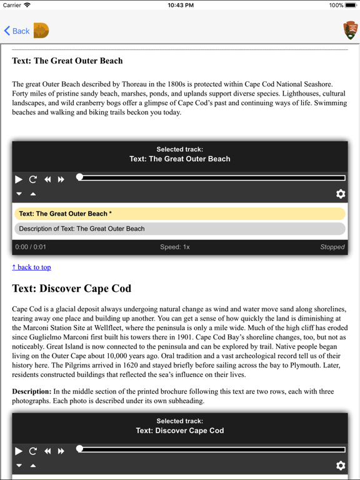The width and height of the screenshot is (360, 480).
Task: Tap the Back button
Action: (17, 31)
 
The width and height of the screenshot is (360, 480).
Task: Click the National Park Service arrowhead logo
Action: (351, 30)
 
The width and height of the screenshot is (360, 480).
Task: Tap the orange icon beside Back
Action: (41, 31)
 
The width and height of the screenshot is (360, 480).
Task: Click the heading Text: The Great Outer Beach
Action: (67, 61)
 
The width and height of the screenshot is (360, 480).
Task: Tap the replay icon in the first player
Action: (33, 179)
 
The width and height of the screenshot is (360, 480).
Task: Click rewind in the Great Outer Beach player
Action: (47, 179)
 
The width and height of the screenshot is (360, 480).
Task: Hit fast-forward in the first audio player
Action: (61, 179)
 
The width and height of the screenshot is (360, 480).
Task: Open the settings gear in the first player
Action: (341, 194)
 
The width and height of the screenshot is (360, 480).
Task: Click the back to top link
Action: (31, 267)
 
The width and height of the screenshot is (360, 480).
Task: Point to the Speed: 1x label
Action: (175, 247)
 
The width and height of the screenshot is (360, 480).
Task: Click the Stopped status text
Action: (332, 247)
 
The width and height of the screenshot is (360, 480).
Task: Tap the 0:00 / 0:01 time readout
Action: (31, 247)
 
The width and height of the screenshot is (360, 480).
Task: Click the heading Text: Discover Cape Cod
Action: (72, 289)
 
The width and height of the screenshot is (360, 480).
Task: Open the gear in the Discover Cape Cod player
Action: (341, 466)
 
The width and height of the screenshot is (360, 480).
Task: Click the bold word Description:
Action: (31, 391)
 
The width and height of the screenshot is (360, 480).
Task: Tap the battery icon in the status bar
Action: (351, 5)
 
